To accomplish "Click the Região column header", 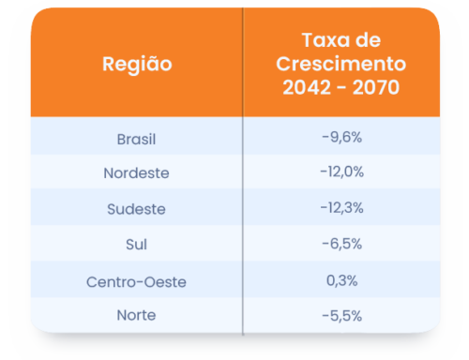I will [x=136, y=66].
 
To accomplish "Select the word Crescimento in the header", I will [x=341, y=66].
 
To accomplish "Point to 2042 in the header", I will [x=306, y=90].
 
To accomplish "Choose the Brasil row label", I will [x=136, y=138].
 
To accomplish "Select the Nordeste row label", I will [x=136, y=173].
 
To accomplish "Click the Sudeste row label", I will [x=136, y=209].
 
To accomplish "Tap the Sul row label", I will [x=136, y=244].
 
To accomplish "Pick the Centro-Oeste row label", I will [x=136, y=279].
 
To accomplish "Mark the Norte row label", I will [x=136, y=315].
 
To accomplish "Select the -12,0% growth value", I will [x=341, y=172].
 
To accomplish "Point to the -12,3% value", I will [x=341, y=208].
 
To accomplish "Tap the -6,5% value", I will [x=341, y=244].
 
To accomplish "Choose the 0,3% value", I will [x=341, y=279].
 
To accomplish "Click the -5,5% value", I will [x=341, y=315].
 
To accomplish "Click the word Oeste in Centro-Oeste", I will [x=165, y=279].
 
